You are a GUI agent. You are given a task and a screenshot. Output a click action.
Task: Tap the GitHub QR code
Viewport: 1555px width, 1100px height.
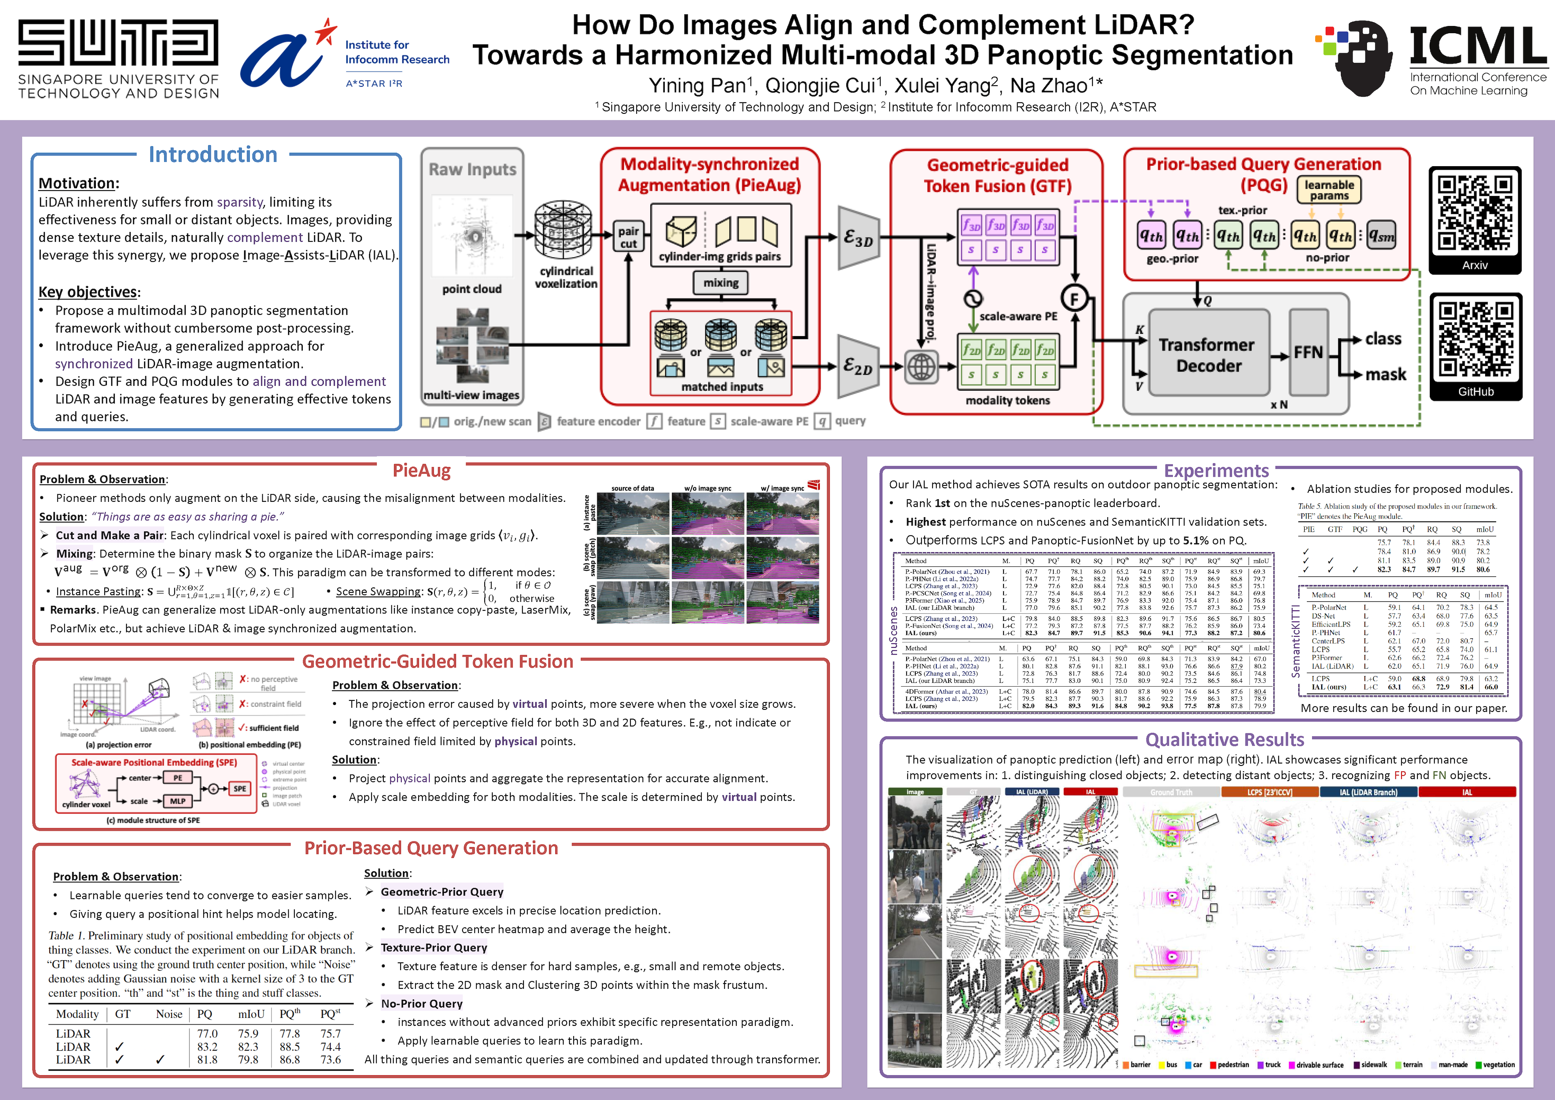click(1475, 339)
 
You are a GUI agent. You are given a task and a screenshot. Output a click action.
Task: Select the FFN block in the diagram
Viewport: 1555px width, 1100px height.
click(1308, 352)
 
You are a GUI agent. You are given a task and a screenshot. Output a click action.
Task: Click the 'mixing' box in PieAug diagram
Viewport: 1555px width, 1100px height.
click(721, 283)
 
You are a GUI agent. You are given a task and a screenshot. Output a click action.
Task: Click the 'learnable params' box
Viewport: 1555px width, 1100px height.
click(1329, 190)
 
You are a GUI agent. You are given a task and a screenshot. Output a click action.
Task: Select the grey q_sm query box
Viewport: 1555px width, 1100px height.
click(1381, 236)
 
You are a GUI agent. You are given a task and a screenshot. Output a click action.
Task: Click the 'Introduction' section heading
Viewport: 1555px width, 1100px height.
click(213, 154)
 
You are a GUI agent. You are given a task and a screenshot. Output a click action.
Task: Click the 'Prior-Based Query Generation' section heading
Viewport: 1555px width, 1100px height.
click(431, 848)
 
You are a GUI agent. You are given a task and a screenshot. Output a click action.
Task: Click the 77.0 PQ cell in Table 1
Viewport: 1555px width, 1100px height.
click(207, 1034)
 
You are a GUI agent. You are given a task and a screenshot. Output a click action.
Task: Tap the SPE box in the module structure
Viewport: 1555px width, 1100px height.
click(240, 788)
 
